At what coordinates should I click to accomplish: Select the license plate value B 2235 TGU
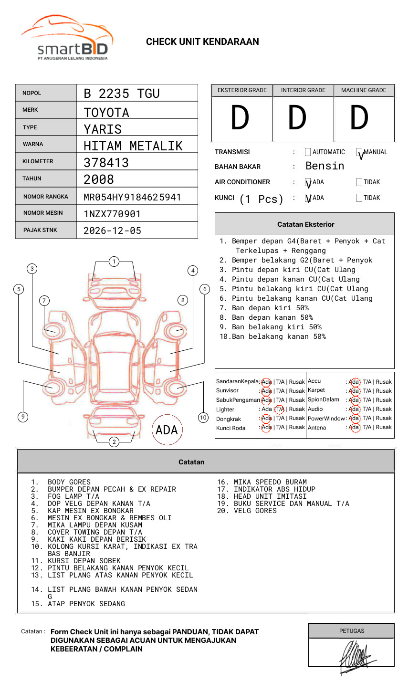[x=122, y=94]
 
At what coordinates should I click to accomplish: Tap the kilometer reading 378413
[x=106, y=163]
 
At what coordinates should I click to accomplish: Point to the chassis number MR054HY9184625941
[x=132, y=197]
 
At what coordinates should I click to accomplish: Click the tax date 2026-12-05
[x=112, y=231]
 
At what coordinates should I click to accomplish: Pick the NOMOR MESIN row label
[x=43, y=213]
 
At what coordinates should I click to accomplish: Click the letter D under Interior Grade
[x=297, y=117]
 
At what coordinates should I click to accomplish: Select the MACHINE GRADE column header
[x=364, y=90]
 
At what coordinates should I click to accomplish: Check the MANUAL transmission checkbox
[x=359, y=152]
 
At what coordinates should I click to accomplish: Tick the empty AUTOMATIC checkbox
[x=308, y=152]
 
